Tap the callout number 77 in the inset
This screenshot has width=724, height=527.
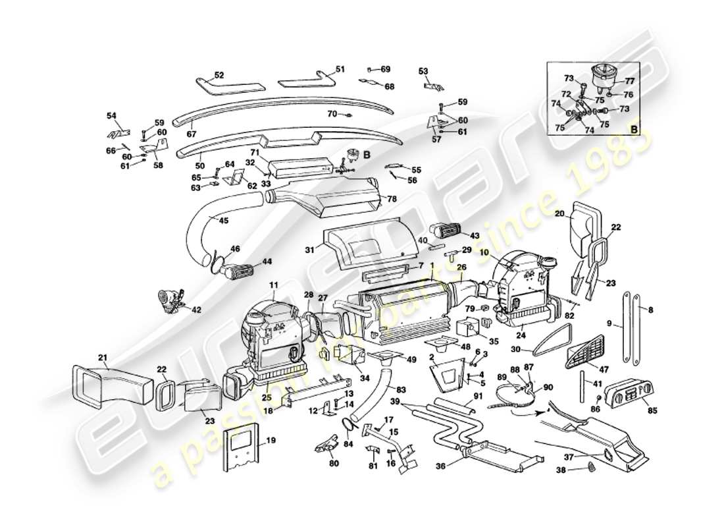coord(629,82)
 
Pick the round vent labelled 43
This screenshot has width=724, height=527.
coord(447,230)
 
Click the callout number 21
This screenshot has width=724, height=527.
coord(103,358)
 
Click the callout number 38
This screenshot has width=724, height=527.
coord(560,470)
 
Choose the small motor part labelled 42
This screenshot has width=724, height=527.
coord(170,300)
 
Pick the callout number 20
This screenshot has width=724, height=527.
coord(559,213)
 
